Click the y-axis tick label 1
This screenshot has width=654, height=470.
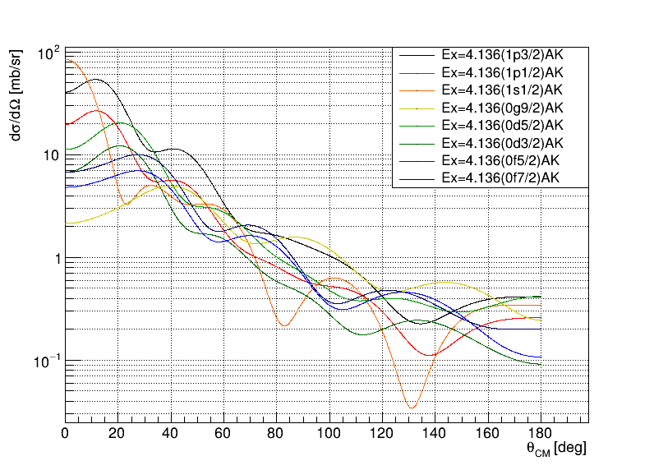[55, 259]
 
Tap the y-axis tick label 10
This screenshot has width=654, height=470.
[51, 156]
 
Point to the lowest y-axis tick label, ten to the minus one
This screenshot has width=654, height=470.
[48, 362]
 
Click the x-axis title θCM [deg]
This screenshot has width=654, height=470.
[556, 449]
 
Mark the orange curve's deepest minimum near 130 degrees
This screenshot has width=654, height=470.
[412, 407]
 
